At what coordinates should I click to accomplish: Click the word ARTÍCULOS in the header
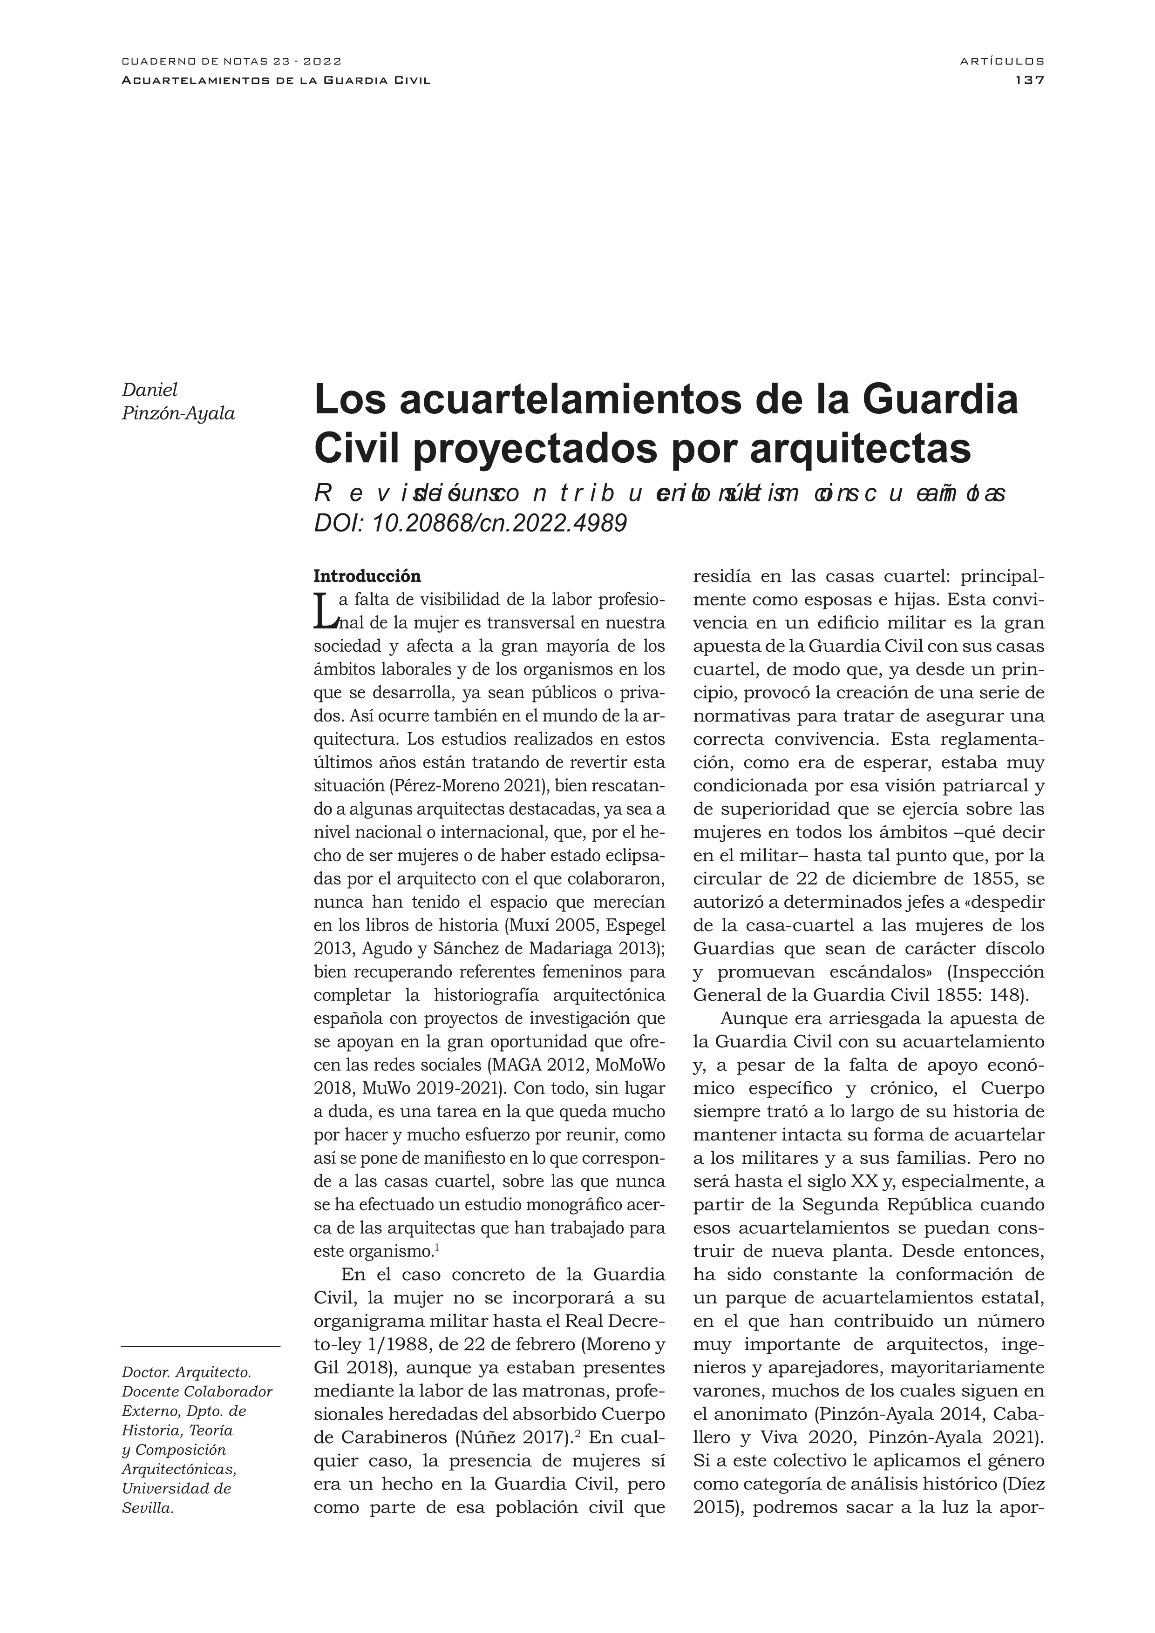[x=1002, y=62]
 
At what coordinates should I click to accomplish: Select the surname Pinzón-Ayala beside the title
[x=179, y=413]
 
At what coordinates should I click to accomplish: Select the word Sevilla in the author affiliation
[x=148, y=1528]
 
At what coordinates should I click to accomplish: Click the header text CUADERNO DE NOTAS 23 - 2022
[x=232, y=62]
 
